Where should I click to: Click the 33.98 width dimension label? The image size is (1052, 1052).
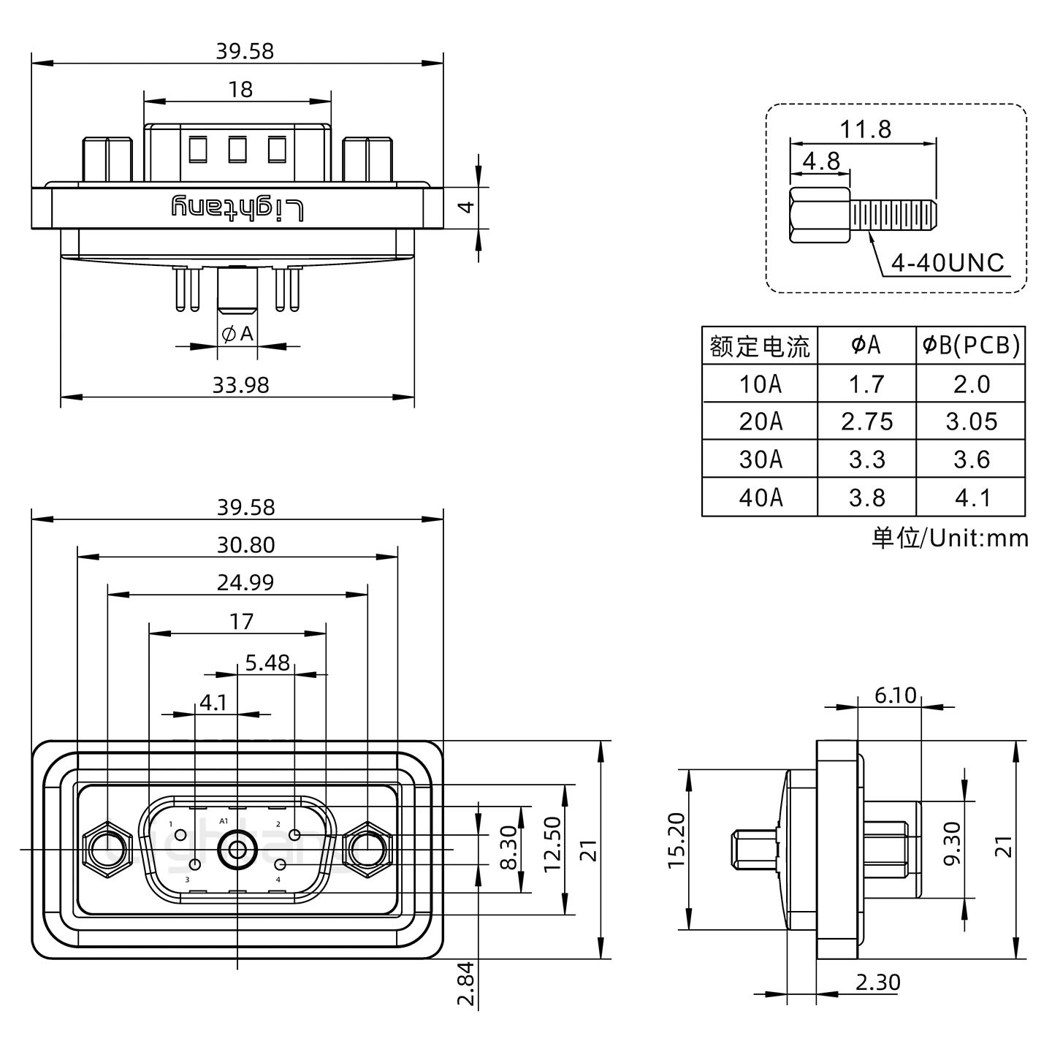[240, 384]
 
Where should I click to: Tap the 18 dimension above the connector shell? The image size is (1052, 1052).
[240, 89]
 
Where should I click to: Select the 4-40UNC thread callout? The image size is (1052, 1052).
[948, 262]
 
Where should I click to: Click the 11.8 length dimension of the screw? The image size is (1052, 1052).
[865, 129]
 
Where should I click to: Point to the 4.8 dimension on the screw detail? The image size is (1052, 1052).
[821, 160]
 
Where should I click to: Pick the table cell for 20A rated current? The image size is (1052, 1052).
[760, 422]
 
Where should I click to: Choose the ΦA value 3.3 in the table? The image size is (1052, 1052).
[866, 460]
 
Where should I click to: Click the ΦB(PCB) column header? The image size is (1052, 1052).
[971, 346]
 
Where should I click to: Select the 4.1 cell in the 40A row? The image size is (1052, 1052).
[972, 498]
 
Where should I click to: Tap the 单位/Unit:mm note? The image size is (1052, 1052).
[950, 538]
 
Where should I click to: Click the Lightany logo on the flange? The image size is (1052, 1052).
[237, 209]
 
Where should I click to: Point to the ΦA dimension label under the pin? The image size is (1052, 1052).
[237, 335]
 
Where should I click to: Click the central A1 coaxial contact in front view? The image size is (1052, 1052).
[237, 850]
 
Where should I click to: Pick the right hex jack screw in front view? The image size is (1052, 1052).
[367, 850]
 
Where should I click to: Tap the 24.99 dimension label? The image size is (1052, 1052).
[245, 582]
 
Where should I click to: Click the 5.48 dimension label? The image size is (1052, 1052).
[267, 663]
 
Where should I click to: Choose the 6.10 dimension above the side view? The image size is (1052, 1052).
[895, 695]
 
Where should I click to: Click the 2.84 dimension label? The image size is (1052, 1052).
[465, 983]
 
